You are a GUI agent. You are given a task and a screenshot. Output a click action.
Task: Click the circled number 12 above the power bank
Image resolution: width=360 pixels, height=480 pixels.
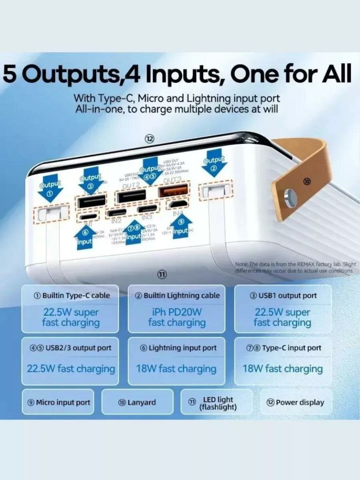click(149, 139)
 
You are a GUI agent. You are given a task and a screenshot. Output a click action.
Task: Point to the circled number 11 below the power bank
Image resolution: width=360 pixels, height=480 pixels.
click(161, 274)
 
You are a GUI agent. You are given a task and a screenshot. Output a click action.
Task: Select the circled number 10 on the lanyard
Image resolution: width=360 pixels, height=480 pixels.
click(307, 181)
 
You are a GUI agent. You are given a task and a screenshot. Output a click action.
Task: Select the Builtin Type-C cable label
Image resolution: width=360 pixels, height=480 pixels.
click(71, 296)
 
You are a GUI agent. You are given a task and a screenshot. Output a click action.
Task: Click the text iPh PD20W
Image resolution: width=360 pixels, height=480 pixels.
click(177, 312)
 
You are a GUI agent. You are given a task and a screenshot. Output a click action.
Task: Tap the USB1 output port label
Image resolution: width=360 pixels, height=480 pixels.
click(283, 296)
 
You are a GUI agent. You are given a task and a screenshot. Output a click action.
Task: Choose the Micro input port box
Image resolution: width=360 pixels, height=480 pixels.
click(58, 402)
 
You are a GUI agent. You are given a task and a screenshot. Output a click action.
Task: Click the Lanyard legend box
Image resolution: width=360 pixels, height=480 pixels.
click(137, 402)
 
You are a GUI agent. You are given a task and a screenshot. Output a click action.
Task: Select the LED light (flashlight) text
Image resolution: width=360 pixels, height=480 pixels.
click(218, 403)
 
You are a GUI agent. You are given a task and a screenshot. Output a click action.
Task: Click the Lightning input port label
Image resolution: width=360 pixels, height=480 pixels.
click(178, 348)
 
